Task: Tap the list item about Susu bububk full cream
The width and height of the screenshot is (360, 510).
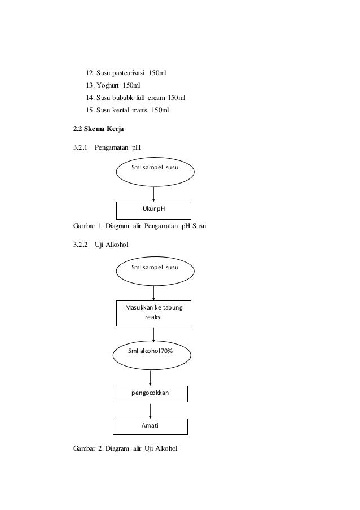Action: click(135, 98)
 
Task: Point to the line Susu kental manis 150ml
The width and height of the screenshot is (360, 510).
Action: click(127, 110)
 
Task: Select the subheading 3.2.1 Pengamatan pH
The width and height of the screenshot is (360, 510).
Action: click(107, 148)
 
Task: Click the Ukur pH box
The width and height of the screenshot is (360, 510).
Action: click(153, 210)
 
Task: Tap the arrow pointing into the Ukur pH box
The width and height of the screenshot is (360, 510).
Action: click(153, 192)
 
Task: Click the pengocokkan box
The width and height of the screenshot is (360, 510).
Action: click(150, 393)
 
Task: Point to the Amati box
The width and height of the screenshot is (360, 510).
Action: click(150, 426)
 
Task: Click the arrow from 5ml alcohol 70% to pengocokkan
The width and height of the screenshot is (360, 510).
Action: click(150, 378)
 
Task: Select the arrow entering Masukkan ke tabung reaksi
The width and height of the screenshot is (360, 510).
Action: click(153, 293)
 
